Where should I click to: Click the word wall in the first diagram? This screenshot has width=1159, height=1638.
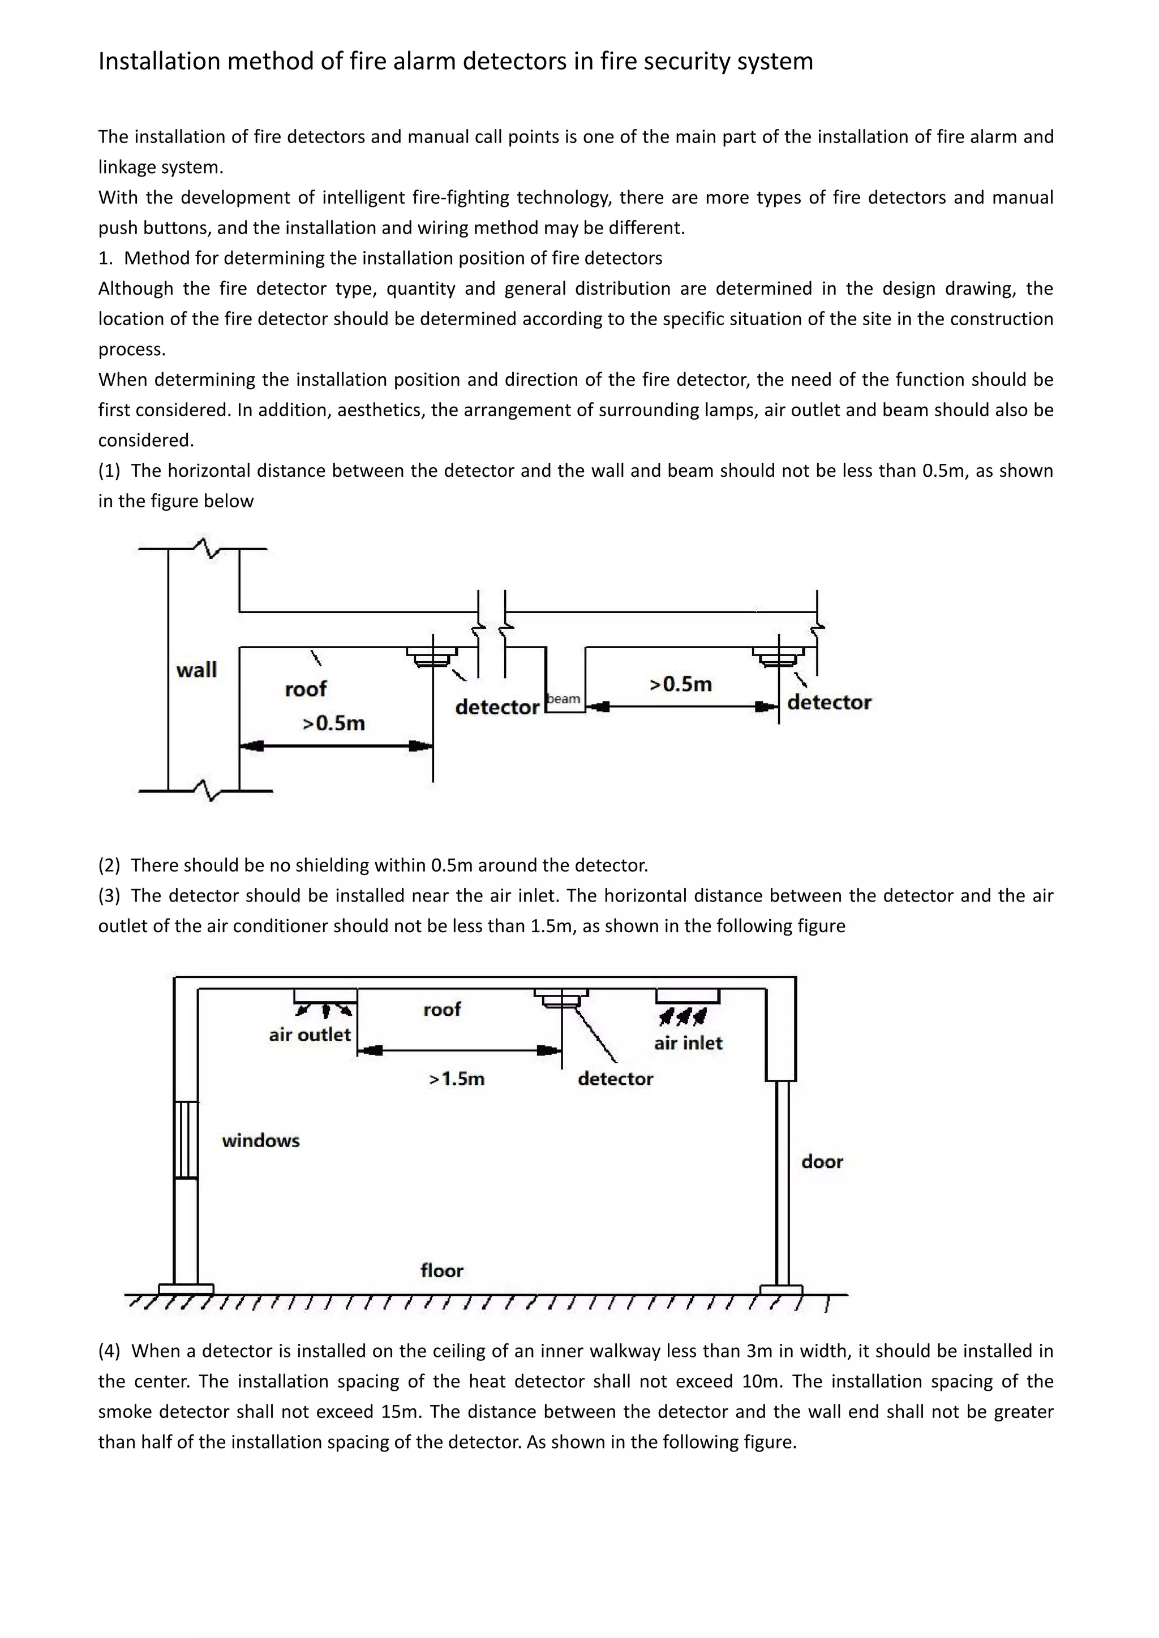[196, 670]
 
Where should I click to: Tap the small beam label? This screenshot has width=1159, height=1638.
[564, 699]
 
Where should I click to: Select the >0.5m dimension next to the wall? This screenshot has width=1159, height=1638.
[333, 723]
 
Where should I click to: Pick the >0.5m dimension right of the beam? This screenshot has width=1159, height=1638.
[680, 684]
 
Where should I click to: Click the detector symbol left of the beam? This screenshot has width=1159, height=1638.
[432, 656]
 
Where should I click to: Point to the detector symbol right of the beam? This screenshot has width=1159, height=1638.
[778, 656]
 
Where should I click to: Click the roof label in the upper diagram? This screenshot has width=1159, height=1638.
[306, 689]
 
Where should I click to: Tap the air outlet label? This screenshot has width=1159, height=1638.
[310, 1035]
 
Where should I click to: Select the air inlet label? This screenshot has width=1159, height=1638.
[688, 1043]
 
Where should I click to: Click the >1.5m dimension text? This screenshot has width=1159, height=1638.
[457, 1079]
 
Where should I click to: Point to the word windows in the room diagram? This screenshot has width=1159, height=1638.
[260, 1141]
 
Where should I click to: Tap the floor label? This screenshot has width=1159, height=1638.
[442, 1270]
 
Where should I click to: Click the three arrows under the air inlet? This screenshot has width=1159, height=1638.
[683, 1015]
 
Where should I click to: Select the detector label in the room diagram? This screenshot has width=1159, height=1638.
[615, 1079]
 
